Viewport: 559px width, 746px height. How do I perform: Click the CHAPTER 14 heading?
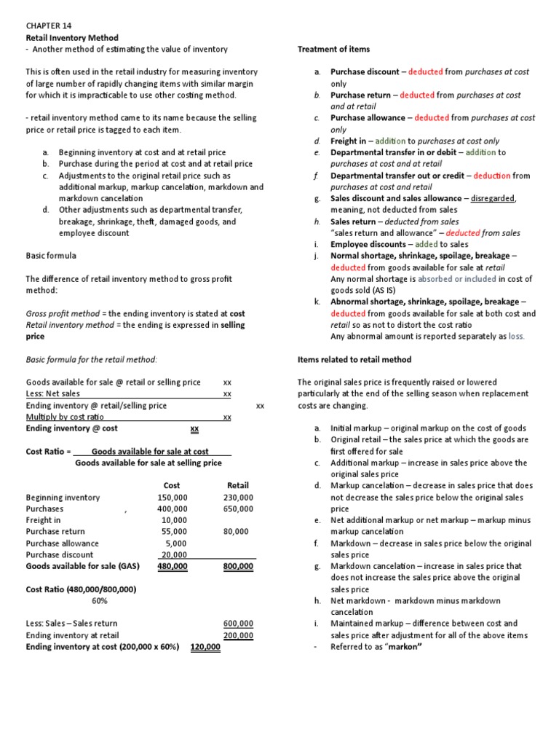tap(49, 25)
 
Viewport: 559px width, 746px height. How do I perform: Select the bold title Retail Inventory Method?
tap(72, 37)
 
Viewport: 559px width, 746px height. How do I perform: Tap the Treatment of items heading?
tap(333, 49)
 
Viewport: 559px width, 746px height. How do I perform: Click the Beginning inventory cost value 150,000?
tap(172, 498)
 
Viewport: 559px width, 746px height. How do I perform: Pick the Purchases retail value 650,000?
tap(238, 509)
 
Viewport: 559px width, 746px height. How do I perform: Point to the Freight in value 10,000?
tap(174, 520)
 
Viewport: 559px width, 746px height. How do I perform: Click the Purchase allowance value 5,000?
tap(176, 543)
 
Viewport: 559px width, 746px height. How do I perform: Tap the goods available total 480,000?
tap(172, 566)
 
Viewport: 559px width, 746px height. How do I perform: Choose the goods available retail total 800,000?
tap(238, 566)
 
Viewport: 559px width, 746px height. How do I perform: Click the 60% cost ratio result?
tap(99, 600)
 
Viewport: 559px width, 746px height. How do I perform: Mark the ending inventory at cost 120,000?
tap(205, 646)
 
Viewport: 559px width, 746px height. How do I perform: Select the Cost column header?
tap(172, 485)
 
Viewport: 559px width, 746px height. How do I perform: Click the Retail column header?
tap(238, 485)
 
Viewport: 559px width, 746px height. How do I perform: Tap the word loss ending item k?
tap(516, 337)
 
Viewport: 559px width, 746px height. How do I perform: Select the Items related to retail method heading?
tap(354, 359)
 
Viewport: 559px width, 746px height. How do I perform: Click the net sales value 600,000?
tap(238, 624)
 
